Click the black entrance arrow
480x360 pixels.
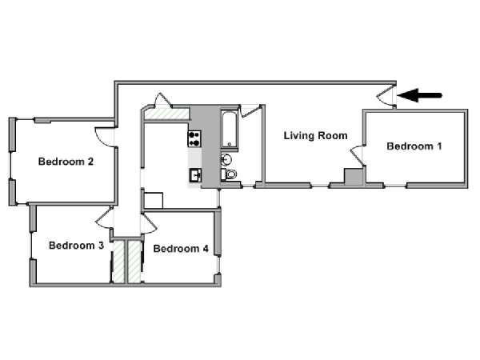pyautogui.click(x=419, y=95)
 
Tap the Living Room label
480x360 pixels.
pyautogui.click(x=316, y=136)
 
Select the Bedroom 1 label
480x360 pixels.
pyautogui.click(x=414, y=146)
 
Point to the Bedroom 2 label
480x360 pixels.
pyautogui.click(x=66, y=162)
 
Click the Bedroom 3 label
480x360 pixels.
pyautogui.click(x=76, y=246)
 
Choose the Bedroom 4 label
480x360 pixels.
pyautogui.click(x=181, y=248)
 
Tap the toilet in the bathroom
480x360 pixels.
pyautogui.click(x=229, y=174)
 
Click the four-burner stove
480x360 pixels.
pyautogui.click(x=194, y=138)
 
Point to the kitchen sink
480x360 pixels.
pyautogui.click(x=195, y=175)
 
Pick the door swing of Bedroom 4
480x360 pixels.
pyautogui.click(x=149, y=224)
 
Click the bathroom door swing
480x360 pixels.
pyautogui.click(x=250, y=111)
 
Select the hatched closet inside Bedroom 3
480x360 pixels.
pyautogui.click(x=118, y=262)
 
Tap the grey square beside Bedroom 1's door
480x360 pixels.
pyautogui.click(x=354, y=177)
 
